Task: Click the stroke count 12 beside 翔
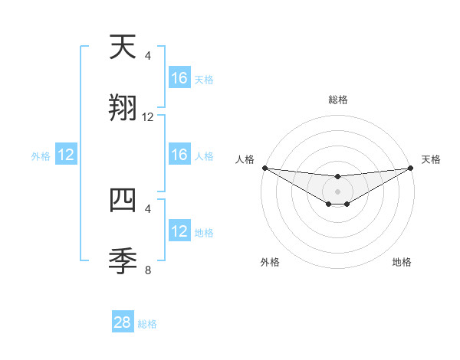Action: tap(148, 117)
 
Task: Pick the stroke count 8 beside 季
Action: tap(148, 269)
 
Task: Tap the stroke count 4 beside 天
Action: tap(148, 56)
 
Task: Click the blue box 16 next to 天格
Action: tap(179, 78)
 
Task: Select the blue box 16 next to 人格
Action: tap(179, 155)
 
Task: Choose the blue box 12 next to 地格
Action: tap(179, 231)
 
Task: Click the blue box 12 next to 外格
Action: tap(66, 155)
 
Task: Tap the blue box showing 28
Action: tap(123, 322)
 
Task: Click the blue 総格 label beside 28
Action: tap(147, 324)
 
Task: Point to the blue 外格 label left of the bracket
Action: tap(41, 156)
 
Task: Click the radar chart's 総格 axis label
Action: tap(337, 100)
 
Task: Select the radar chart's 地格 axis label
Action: tap(402, 263)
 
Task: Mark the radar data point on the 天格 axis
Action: tap(410, 168)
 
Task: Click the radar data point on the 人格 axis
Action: tap(264, 168)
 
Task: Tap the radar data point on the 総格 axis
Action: tap(337, 177)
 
